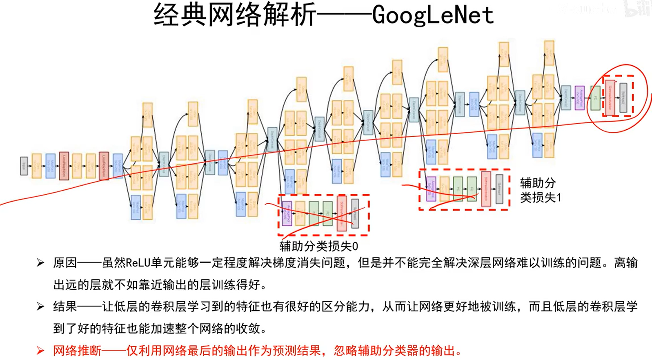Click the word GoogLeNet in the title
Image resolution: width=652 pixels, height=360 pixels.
(x=433, y=15)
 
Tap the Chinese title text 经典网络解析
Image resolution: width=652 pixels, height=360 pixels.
(x=235, y=15)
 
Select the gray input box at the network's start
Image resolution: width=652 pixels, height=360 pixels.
(x=24, y=166)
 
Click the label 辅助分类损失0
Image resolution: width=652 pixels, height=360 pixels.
(x=319, y=246)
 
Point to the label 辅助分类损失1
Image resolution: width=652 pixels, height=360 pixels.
(x=540, y=190)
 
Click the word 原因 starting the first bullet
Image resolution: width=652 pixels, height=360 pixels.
(x=65, y=262)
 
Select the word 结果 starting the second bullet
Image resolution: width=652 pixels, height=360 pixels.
(x=65, y=306)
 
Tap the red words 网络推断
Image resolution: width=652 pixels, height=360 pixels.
(x=77, y=350)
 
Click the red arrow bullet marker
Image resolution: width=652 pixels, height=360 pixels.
(x=40, y=350)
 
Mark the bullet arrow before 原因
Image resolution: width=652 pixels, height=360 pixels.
(x=40, y=262)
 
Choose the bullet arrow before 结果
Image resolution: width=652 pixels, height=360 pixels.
(x=40, y=306)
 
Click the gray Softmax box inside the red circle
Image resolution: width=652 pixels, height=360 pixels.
(x=623, y=98)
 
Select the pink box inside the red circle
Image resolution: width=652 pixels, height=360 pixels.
(x=610, y=98)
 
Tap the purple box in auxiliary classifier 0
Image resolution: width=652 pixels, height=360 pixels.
(x=287, y=213)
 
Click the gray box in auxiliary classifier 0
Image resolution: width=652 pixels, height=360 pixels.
(x=355, y=213)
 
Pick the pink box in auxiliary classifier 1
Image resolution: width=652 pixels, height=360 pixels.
(x=486, y=189)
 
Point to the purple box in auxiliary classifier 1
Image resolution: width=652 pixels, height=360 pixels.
(x=431, y=189)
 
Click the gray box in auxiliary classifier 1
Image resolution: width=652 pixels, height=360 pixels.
(x=499, y=189)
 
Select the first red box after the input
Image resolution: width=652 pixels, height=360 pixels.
(x=64, y=166)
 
